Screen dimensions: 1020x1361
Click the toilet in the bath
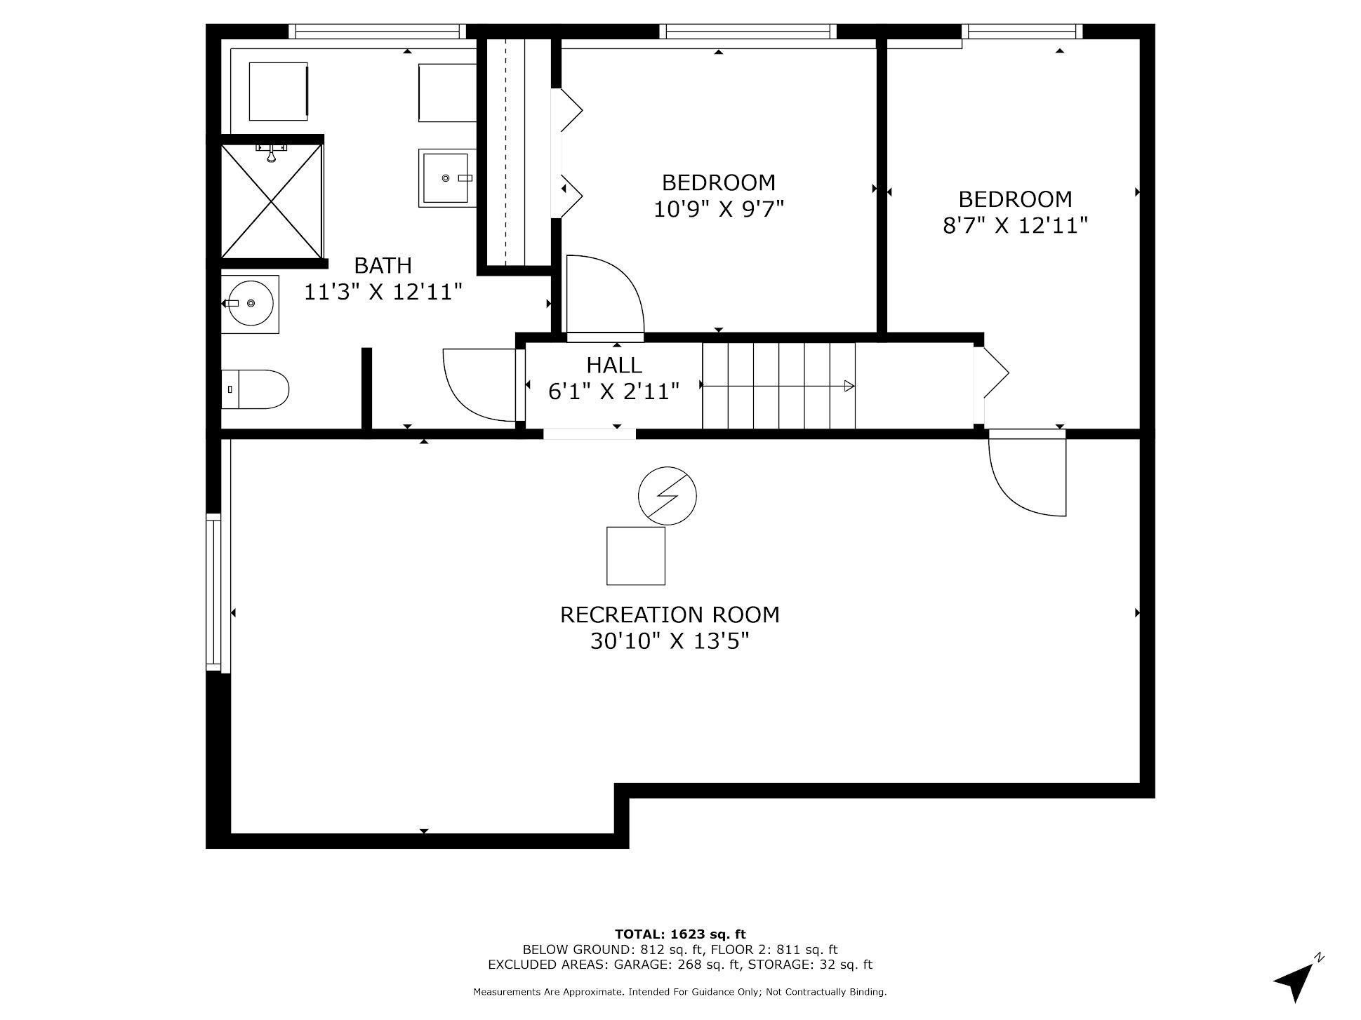(x=255, y=389)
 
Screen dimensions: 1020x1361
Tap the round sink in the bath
(x=251, y=303)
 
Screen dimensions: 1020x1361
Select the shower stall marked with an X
(x=272, y=201)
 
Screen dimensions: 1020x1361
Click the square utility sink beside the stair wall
(x=446, y=178)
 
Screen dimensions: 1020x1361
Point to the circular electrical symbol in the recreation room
(x=667, y=495)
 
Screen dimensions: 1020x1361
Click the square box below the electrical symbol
(x=635, y=556)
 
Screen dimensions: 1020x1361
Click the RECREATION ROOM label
(x=669, y=615)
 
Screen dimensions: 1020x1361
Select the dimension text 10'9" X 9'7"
(x=718, y=209)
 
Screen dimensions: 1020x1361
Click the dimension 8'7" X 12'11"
(x=1015, y=225)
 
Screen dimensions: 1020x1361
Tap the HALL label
(x=614, y=365)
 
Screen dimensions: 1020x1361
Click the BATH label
(x=383, y=265)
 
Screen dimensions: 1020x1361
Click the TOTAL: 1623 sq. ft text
(x=679, y=934)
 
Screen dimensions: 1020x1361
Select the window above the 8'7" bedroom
(x=1022, y=31)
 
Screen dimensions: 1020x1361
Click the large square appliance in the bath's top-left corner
(x=278, y=91)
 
